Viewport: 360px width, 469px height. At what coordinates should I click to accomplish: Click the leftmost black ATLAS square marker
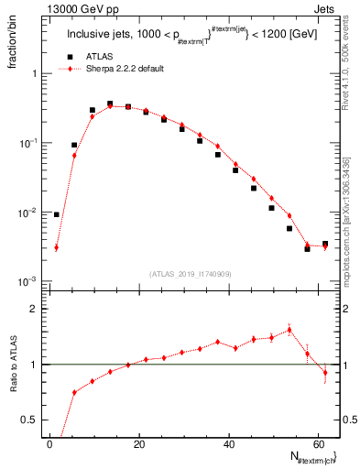(57, 214)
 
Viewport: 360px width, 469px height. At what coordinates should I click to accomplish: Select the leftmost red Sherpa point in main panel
(57, 247)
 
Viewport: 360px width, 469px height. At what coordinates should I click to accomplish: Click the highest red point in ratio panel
(289, 330)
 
